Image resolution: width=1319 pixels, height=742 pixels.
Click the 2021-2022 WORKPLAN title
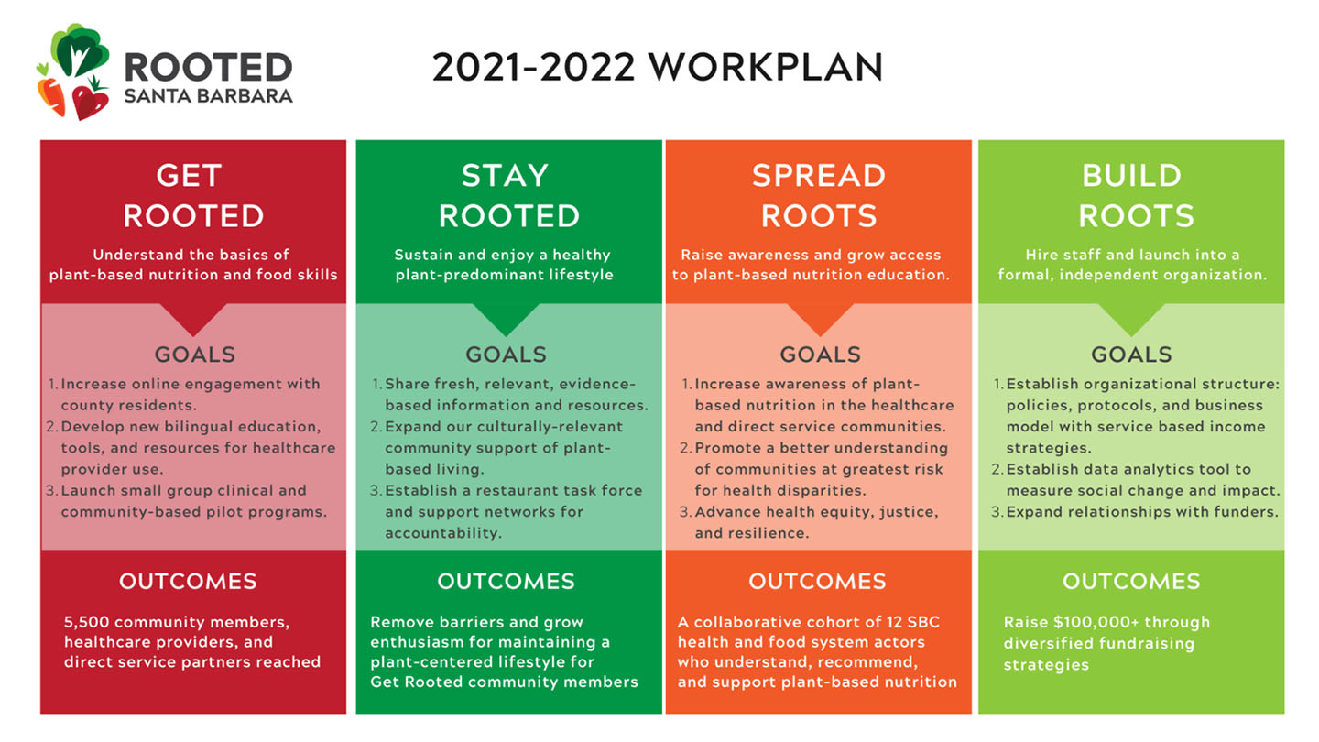coord(658,67)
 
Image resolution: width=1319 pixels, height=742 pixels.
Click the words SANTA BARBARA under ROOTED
coord(209,96)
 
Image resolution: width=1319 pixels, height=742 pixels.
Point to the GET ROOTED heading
coord(193,195)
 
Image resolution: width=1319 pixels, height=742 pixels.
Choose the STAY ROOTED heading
coord(508,195)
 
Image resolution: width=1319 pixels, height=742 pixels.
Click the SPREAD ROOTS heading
coord(819,195)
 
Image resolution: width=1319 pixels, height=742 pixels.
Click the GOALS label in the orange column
coord(821,355)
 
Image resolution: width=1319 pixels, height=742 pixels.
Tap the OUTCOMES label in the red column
coord(188,581)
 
